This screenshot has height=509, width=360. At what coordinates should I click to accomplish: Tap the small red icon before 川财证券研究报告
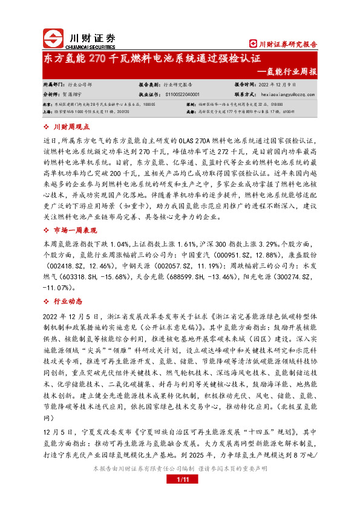click(x=254, y=44)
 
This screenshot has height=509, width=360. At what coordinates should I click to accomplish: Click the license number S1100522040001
click(x=187, y=95)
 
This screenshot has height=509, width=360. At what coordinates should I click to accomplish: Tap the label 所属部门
click(x=54, y=85)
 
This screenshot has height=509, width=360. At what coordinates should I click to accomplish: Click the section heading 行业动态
click(x=68, y=299)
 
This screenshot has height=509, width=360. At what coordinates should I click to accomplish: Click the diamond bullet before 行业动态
click(x=48, y=299)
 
